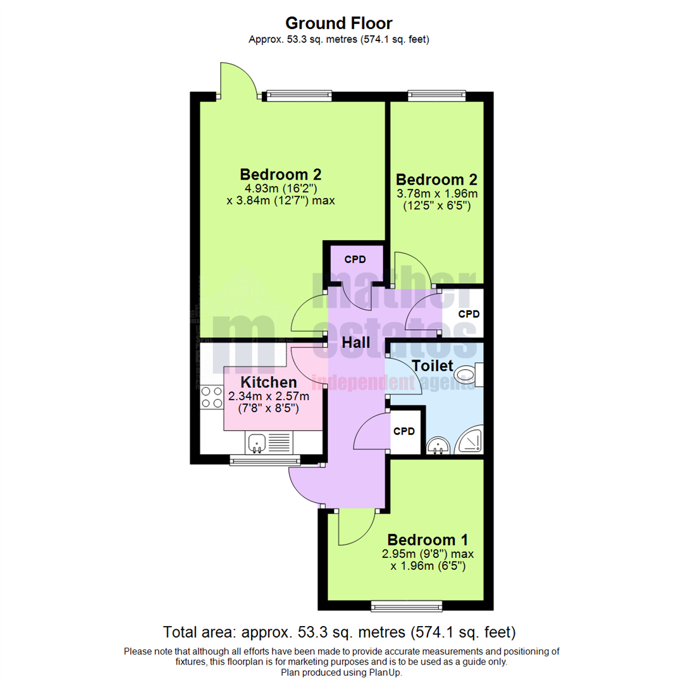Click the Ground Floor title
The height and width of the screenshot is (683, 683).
pyautogui.click(x=339, y=23)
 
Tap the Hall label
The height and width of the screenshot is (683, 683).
pyautogui.click(x=356, y=343)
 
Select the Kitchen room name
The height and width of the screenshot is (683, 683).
pyautogui.click(x=269, y=382)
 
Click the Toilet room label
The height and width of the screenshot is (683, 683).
pyautogui.click(x=433, y=366)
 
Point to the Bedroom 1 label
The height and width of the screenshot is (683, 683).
pyautogui.click(x=428, y=540)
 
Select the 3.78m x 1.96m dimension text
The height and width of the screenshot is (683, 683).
pyautogui.click(x=436, y=194)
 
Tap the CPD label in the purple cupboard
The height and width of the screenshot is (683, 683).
pyautogui.click(x=355, y=259)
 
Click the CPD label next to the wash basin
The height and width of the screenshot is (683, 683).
pyautogui.click(x=404, y=432)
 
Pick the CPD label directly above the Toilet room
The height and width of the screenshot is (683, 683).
pyautogui.click(x=469, y=314)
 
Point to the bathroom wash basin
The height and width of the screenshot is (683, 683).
pyautogui.click(x=437, y=446)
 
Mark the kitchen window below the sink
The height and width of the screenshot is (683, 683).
pyautogui.click(x=258, y=462)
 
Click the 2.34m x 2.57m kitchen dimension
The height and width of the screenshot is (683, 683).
pyautogui.click(x=269, y=397)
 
